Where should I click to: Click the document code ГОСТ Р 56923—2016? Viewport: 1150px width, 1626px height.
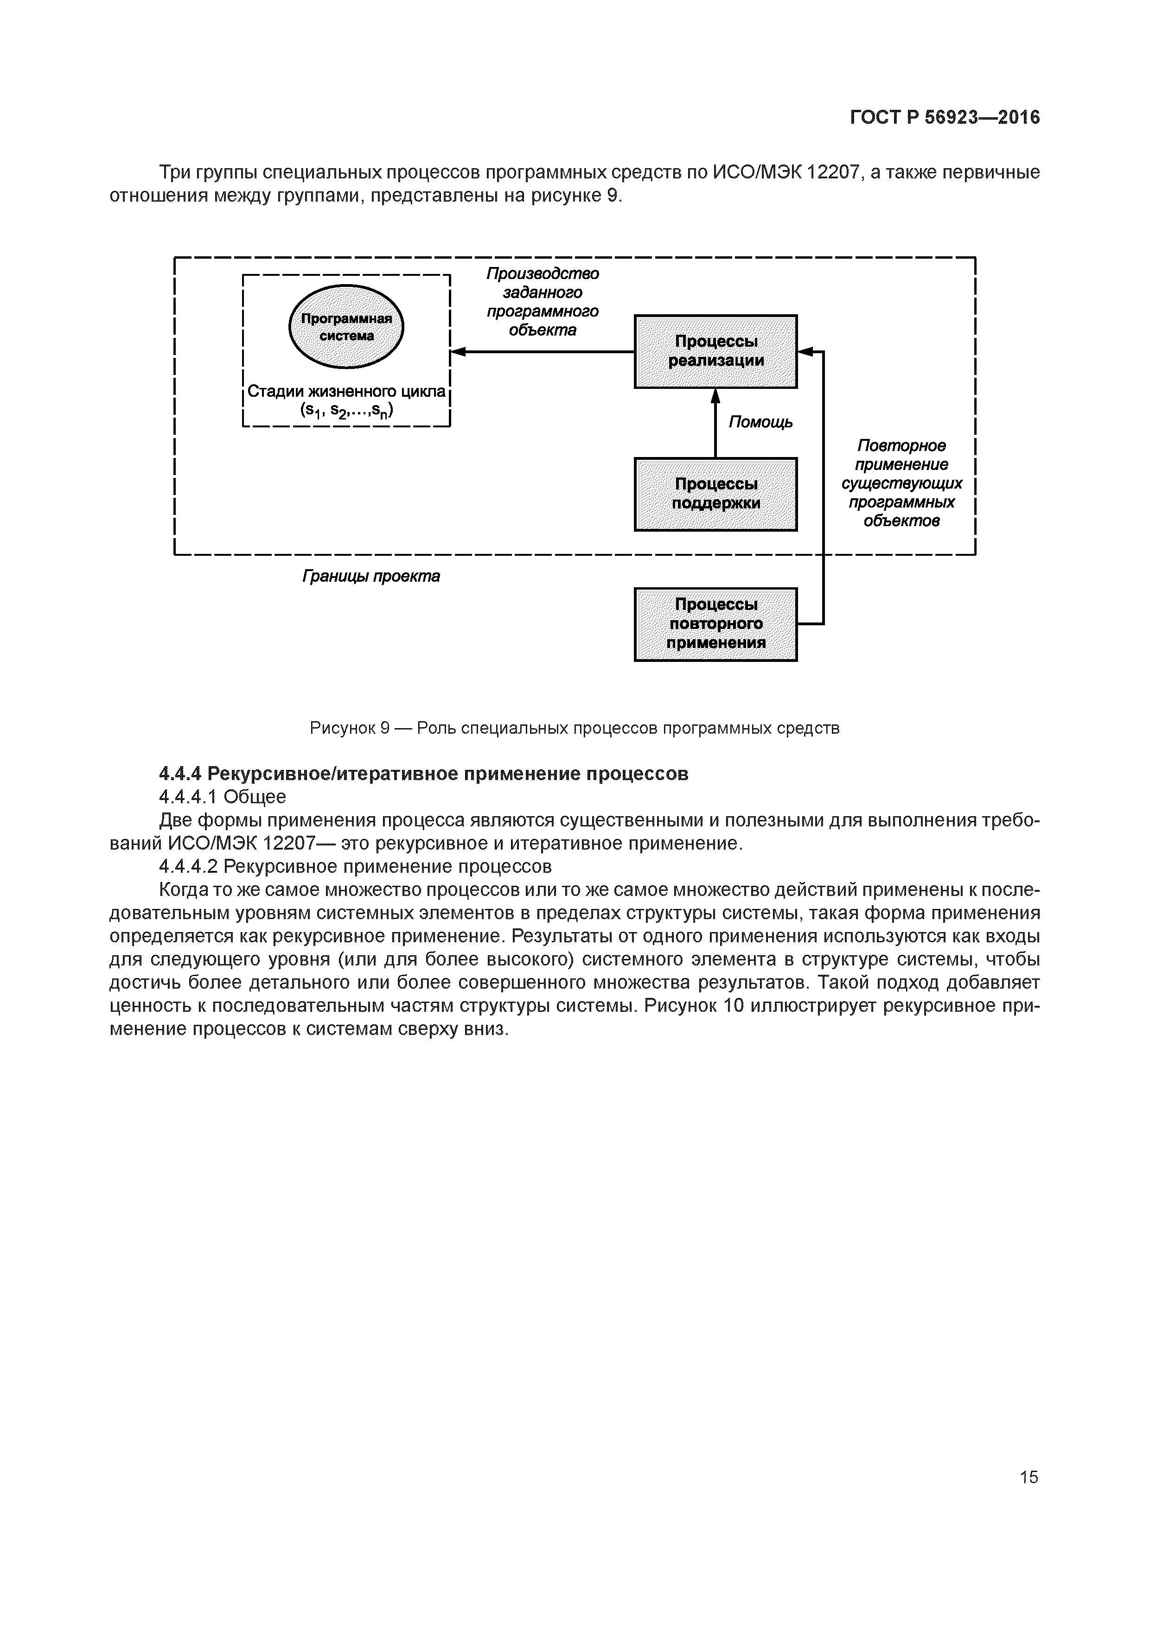(x=945, y=117)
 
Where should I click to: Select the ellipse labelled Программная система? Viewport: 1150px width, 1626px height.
(x=346, y=326)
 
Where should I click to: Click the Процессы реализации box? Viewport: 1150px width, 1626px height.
(x=716, y=351)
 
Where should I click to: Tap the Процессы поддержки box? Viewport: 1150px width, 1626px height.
(x=716, y=494)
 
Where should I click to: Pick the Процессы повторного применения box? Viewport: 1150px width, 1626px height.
(x=716, y=624)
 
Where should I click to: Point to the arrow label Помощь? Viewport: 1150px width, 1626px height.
(x=760, y=423)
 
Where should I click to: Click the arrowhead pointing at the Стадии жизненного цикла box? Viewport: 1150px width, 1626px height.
(x=458, y=351)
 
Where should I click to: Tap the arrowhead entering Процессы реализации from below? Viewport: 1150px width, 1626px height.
(x=715, y=395)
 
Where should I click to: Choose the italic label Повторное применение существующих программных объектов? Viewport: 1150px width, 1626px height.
(x=901, y=483)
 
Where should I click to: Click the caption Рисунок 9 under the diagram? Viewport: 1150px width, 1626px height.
(x=575, y=728)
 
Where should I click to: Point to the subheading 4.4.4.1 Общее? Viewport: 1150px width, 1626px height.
(x=223, y=797)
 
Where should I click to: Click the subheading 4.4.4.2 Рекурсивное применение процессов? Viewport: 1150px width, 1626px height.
(x=355, y=866)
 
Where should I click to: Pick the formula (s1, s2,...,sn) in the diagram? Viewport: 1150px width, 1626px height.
(x=346, y=411)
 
